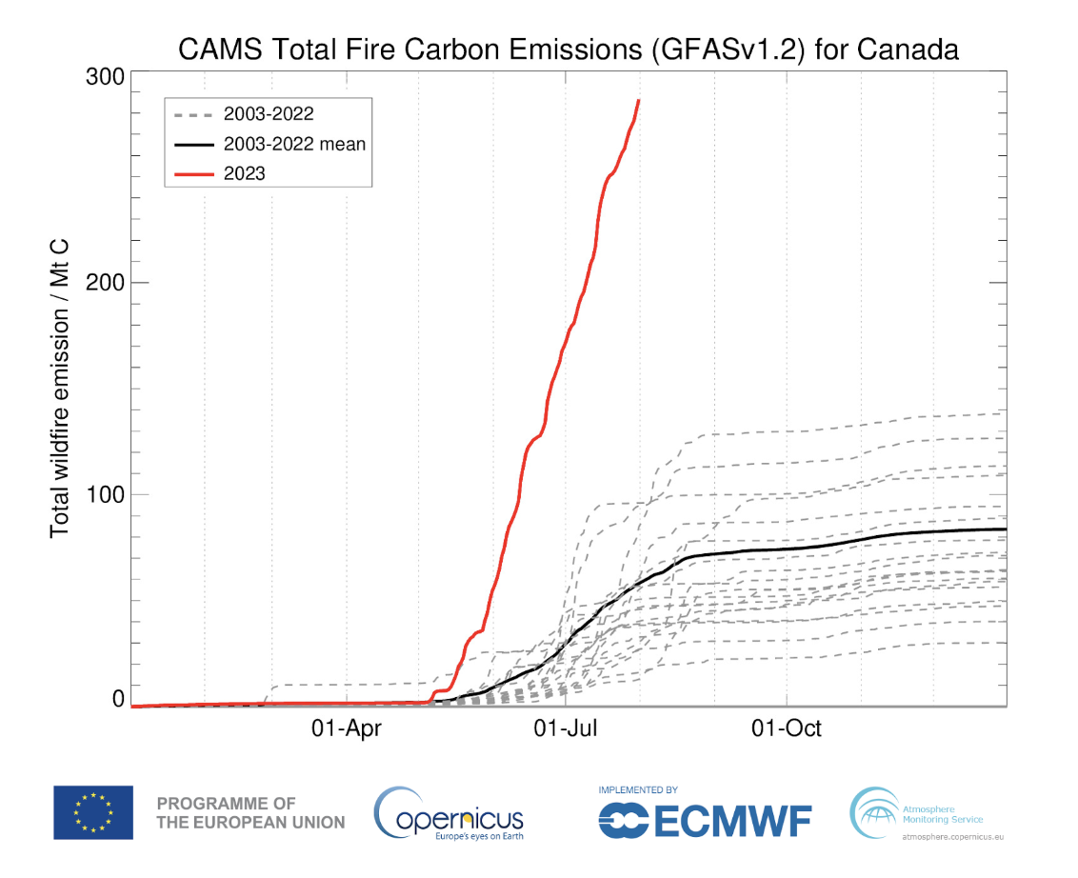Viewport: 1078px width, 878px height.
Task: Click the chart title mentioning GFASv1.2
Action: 569,50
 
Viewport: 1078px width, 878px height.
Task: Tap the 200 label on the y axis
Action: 107,282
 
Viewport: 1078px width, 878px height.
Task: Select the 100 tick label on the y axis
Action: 107,494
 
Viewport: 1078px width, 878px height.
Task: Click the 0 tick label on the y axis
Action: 119,699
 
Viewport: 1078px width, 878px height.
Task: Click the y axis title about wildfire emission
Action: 60,388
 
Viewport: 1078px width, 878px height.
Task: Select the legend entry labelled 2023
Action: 244,173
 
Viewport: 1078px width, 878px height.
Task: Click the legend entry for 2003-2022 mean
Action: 294,144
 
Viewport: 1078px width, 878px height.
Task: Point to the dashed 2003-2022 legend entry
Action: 269,114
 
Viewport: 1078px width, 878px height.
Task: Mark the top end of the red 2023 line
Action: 638,100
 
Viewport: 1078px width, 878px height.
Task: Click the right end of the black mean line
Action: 1006,529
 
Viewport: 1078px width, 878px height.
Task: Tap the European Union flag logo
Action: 93,812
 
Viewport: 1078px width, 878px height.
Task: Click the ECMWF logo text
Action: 705,820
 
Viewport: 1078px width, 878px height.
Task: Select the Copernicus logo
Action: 449,813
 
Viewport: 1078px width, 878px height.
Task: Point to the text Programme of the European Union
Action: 250,812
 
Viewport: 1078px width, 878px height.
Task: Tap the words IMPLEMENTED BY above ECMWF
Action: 637,790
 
